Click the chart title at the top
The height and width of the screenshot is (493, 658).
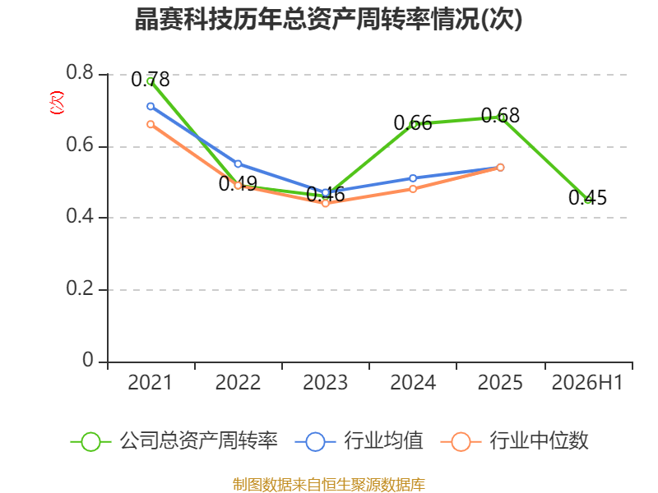coord(328,19)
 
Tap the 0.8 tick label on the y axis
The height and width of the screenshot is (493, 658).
coord(80,72)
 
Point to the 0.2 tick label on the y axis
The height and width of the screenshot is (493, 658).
coord(80,288)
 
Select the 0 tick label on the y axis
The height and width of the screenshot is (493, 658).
coord(88,360)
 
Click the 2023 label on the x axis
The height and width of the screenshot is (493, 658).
coord(325,383)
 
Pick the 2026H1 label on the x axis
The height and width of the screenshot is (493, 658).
coord(587,383)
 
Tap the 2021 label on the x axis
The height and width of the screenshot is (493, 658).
coord(151,383)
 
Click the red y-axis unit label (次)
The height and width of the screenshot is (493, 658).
coord(57,103)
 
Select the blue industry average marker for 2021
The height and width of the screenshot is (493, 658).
coord(151,107)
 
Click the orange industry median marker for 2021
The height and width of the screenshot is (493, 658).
coord(151,125)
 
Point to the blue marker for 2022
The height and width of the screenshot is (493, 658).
coord(238,164)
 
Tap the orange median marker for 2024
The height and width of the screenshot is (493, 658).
coord(413,189)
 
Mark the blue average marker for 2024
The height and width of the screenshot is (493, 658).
coord(413,178)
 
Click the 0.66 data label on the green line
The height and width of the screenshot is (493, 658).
coord(413,123)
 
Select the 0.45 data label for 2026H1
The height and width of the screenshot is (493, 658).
coord(587,197)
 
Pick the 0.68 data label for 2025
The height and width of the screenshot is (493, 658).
coord(500,116)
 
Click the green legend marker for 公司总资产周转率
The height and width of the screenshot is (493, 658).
coord(90,442)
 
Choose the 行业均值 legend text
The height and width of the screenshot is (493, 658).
coord(383,441)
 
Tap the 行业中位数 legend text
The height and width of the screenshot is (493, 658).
coord(540,441)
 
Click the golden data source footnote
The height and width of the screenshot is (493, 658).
coord(329,485)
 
